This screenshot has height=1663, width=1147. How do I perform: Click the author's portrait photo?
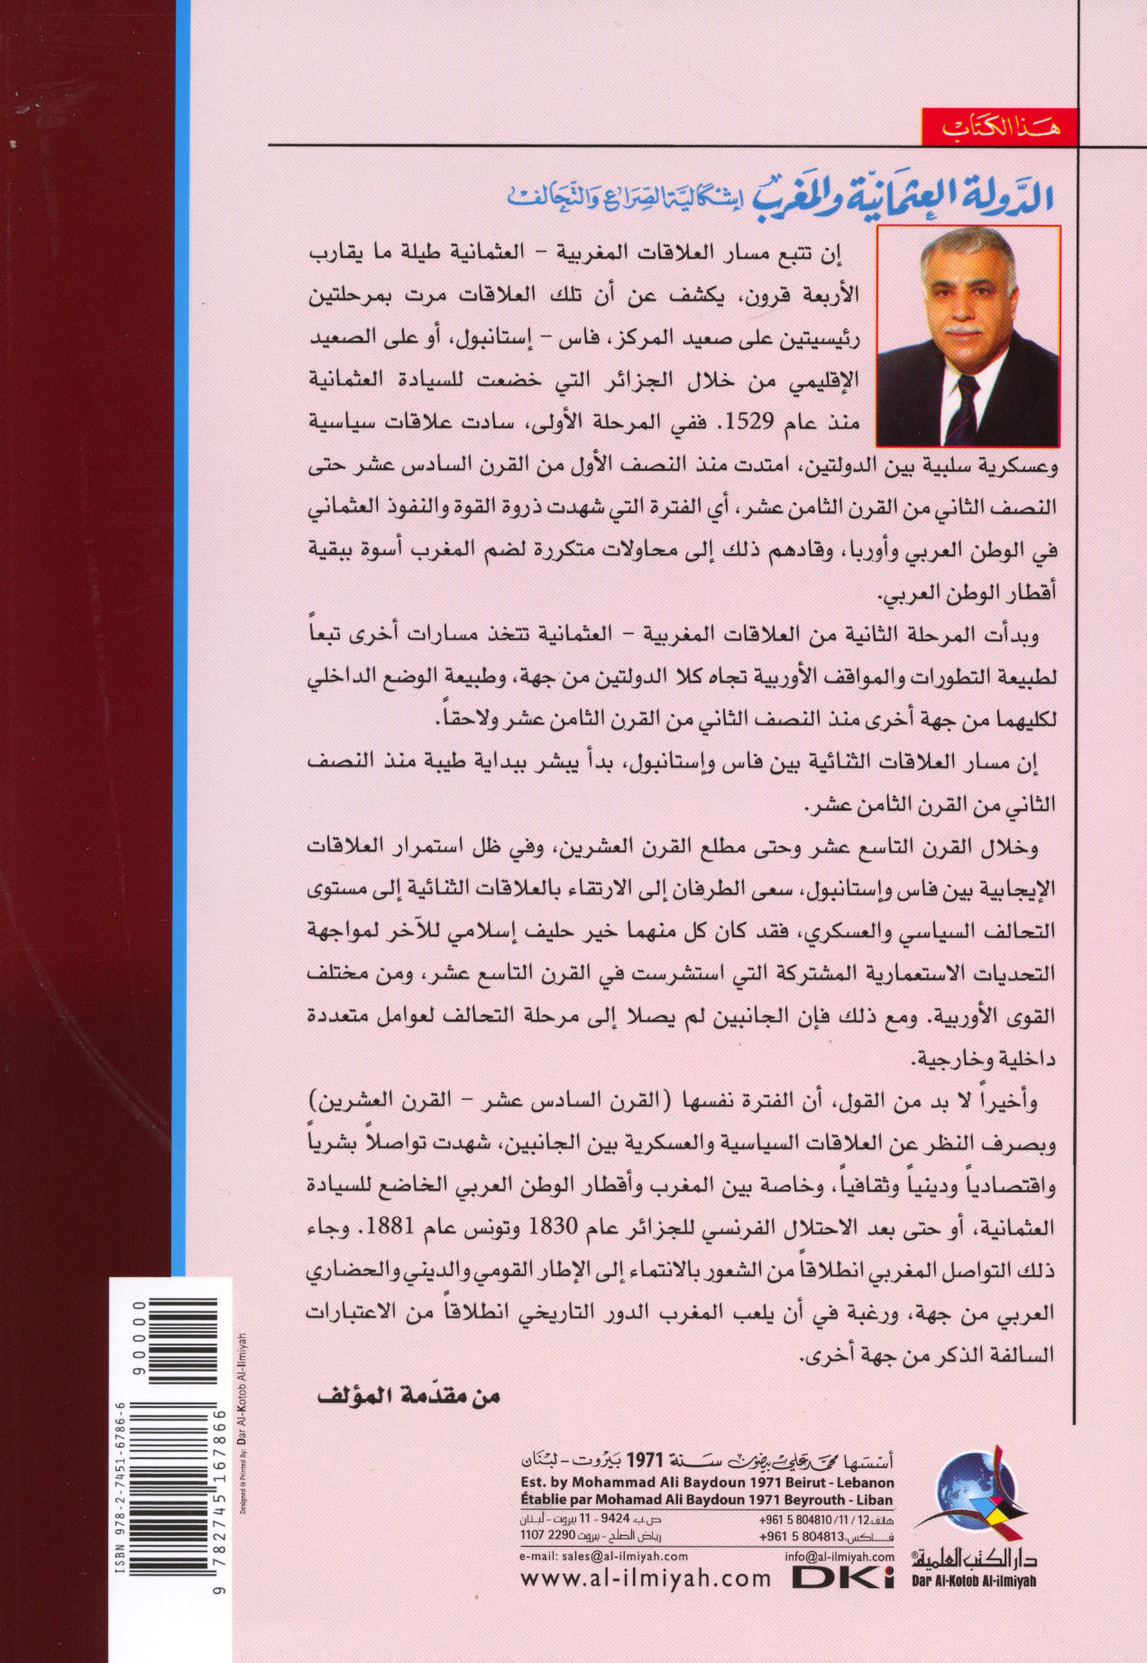pos(968,335)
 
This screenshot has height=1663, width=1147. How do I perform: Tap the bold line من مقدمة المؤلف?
pos(409,1396)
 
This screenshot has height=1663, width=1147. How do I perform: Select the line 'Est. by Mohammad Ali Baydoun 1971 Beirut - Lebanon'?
pos(708,1483)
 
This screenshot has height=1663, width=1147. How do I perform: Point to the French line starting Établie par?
pos(708,1500)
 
